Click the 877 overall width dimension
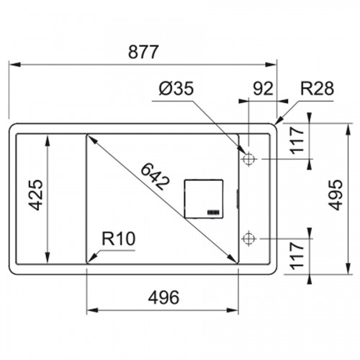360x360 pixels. pos(143,52)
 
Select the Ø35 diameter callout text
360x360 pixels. pos(176,89)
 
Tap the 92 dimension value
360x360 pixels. pos(263,89)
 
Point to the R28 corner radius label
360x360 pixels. pos(317,89)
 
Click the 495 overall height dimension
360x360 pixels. pos(336,195)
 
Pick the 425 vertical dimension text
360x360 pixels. pos(36,195)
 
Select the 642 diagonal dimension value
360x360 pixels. pos(155,176)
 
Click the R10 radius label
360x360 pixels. pos(119,238)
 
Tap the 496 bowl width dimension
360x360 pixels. pos(163,297)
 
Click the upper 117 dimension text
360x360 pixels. pos(297,140)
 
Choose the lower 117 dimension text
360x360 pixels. pos(297,256)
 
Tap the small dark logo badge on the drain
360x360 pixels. pos(213,212)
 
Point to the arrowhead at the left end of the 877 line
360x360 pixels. pos(15,65)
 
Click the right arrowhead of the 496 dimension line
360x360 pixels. pos(233,310)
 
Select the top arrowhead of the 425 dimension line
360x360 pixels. pos(48,140)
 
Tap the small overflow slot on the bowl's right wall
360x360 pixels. pos(238,198)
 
